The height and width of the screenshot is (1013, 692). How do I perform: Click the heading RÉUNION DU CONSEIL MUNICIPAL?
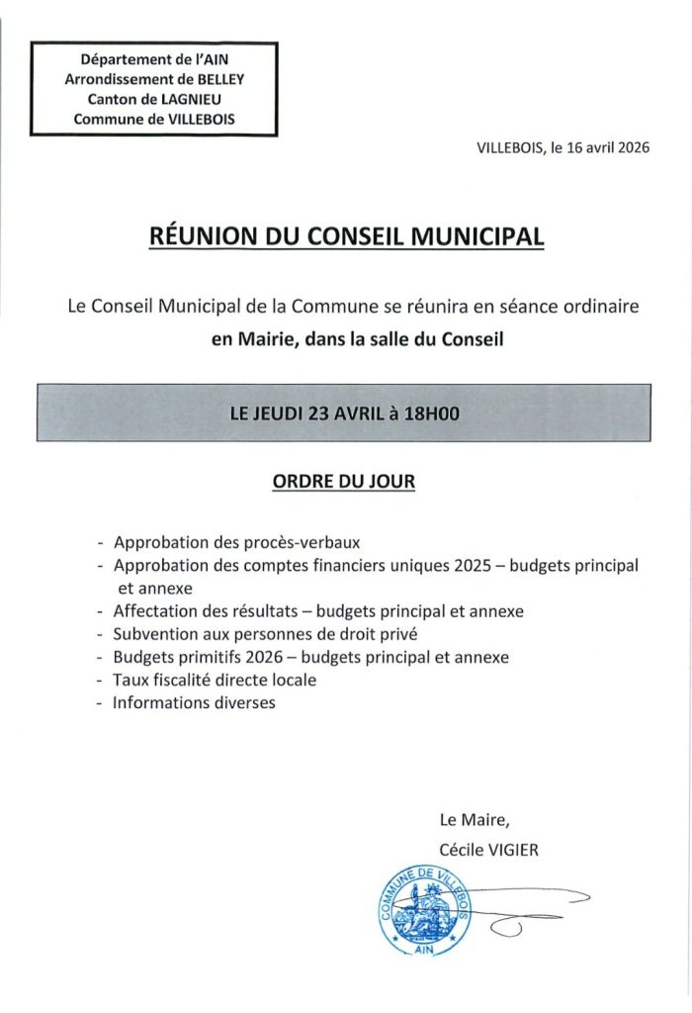point(345,237)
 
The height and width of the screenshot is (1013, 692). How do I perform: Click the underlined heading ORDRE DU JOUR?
point(344,482)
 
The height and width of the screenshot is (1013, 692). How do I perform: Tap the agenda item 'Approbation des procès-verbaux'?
point(237,543)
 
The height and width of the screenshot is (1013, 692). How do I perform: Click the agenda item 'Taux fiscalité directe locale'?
point(215,681)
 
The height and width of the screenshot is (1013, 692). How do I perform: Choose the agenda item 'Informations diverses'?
point(194,703)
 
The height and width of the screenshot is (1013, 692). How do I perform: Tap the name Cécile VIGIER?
point(491,848)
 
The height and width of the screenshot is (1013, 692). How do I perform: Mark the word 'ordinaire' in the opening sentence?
point(598,308)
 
